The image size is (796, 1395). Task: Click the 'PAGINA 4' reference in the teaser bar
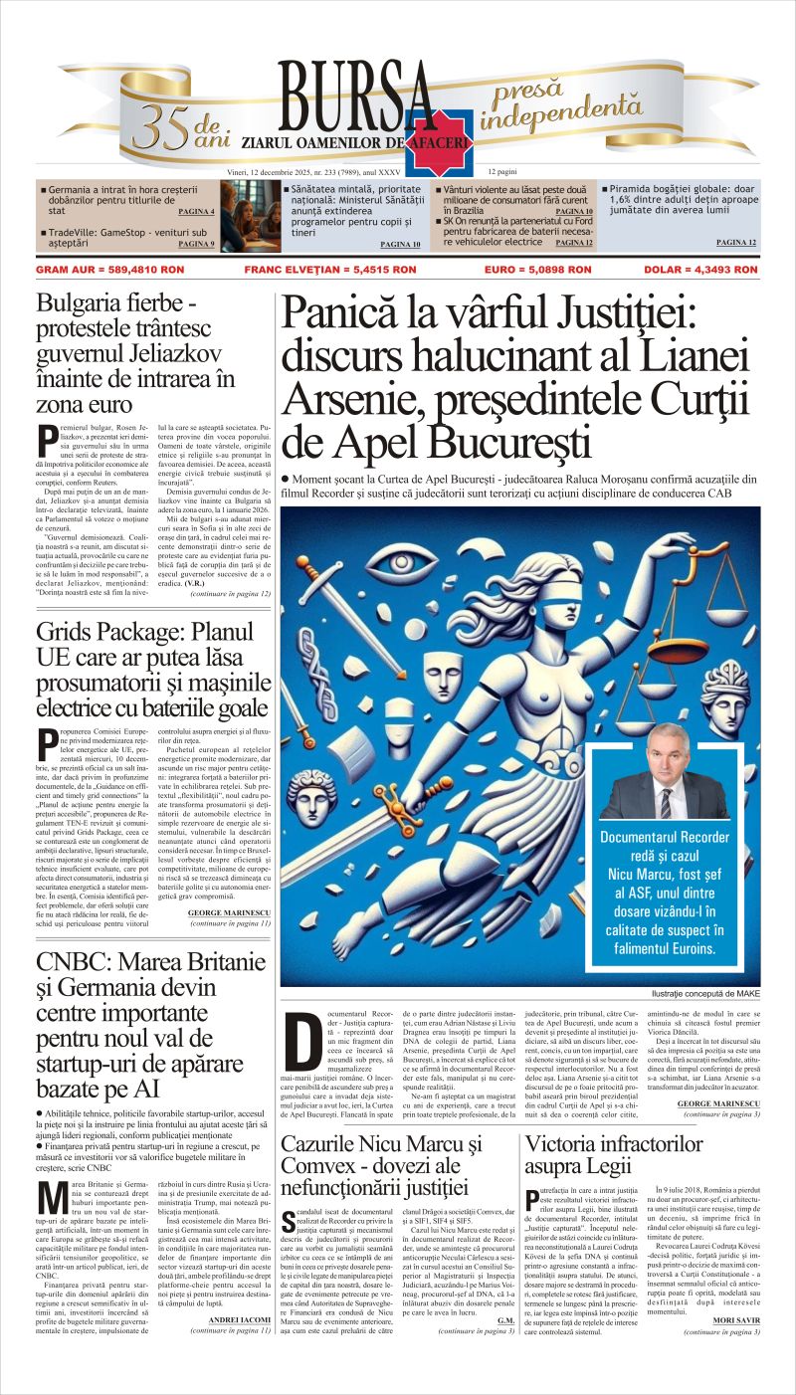(196, 212)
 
